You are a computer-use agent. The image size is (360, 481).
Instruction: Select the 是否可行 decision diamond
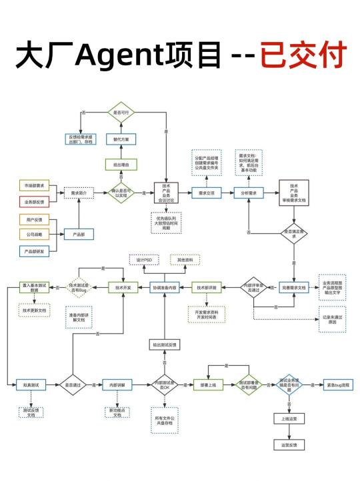pos(121,113)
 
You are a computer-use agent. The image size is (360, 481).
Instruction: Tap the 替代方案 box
pos(121,139)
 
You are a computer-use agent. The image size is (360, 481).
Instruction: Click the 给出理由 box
pos(121,165)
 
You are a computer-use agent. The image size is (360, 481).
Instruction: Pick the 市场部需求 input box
pos(35,185)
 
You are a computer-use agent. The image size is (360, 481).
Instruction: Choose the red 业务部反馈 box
pos(35,201)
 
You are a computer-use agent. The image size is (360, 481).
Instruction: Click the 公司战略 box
pos(35,235)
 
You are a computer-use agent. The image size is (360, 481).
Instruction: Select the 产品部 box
pos(79,235)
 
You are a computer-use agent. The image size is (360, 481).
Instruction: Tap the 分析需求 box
pos(249,193)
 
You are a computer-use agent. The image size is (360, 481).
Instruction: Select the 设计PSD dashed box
pos(143,259)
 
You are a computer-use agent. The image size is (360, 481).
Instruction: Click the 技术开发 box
pos(123,288)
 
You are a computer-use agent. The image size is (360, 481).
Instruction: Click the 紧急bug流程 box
pos(338,384)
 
